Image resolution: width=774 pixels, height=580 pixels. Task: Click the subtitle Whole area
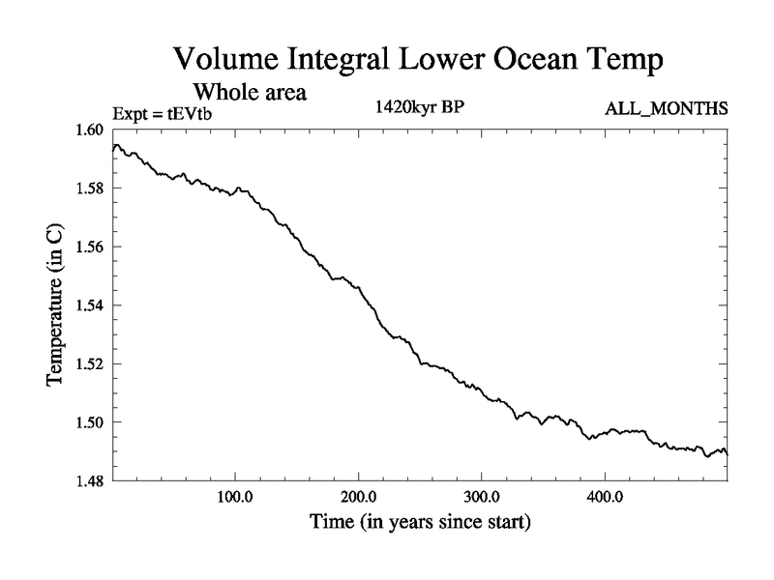pos(251,93)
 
